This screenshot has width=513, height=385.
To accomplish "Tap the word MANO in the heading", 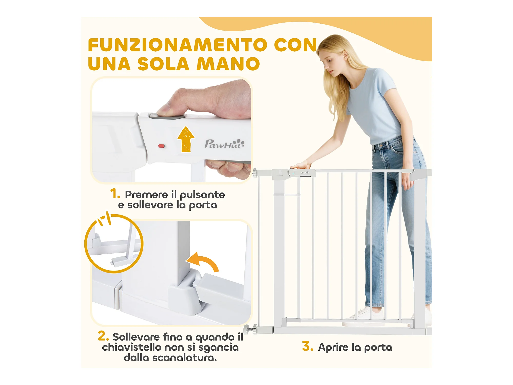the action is (x=228, y=64).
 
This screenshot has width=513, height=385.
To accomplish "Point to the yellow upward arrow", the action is (x=186, y=139).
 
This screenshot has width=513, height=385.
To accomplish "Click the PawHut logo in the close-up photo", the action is (x=224, y=144).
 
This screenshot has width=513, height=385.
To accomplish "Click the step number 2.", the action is (x=103, y=336).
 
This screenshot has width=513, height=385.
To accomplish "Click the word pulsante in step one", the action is (x=202, y=195).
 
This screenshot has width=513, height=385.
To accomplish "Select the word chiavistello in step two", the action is (x=132, y=347).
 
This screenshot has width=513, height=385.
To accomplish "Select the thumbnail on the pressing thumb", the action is (x=163, y=111).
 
